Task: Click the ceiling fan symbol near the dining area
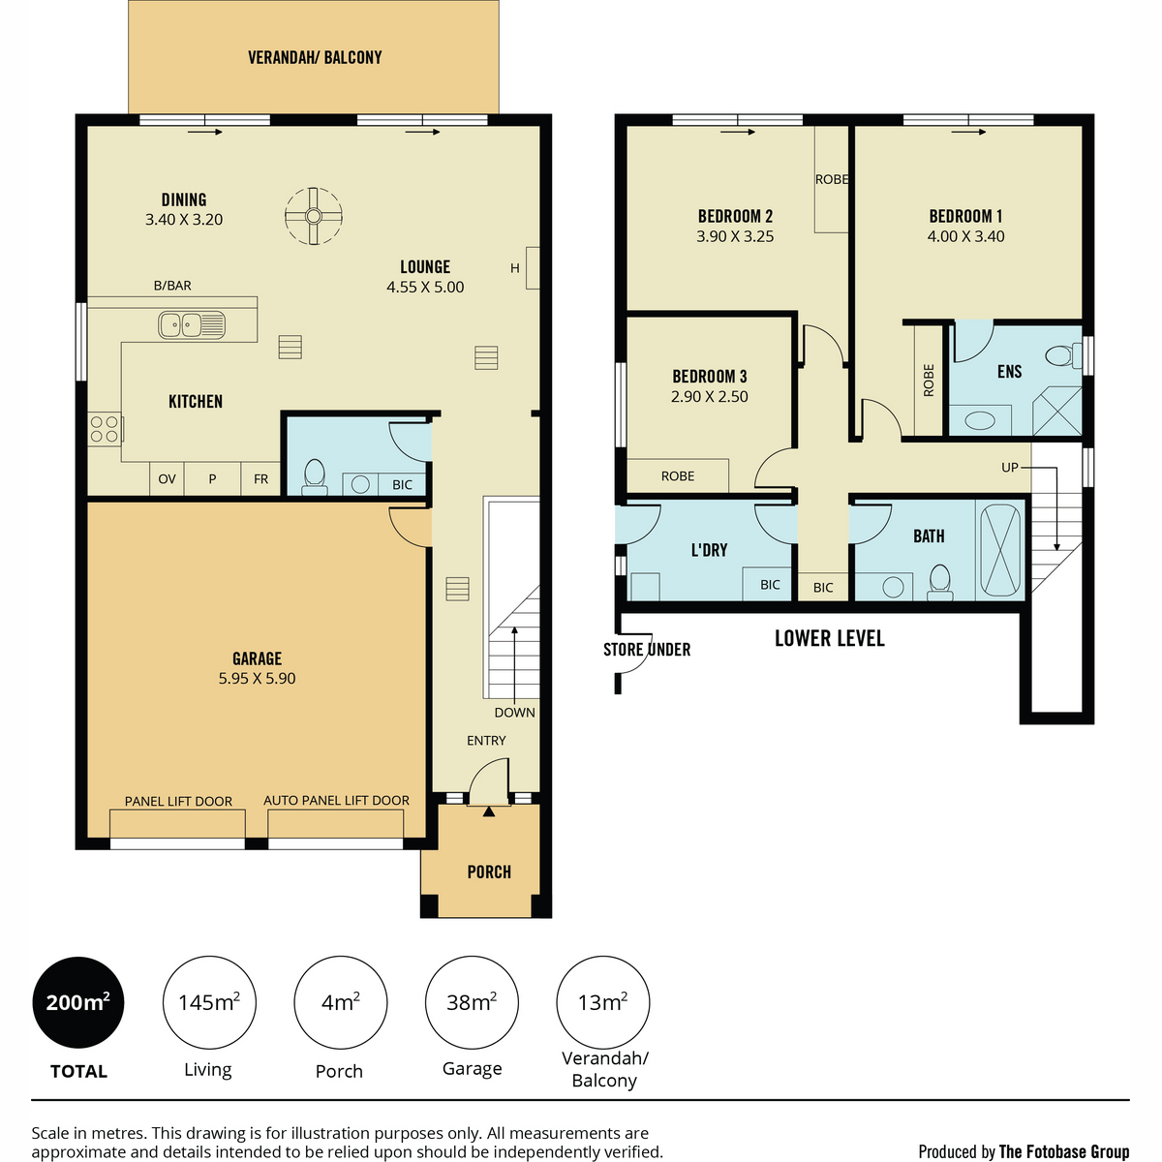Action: [313, 216]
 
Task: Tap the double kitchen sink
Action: [191, 324]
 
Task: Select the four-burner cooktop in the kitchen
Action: [105, 429]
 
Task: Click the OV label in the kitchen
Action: [167, 478]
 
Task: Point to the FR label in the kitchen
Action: [260, 478]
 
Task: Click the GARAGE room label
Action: [257, 657]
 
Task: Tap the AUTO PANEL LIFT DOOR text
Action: [336, 800]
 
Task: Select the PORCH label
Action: [488, 871]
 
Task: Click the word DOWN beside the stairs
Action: [514, 712]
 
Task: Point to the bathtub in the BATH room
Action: [1000, 551]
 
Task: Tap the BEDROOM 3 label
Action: [709, 377]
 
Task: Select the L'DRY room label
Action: [709, 549]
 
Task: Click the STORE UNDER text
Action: [647, 650]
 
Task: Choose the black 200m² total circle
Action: [77, 1002]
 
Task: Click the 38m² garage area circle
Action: [472, 1002]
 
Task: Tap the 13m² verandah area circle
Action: [603, 1002]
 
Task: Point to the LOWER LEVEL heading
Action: [829, 638]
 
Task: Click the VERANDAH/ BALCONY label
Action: [315, 57]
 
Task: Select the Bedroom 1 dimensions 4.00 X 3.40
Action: [965, 236]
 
